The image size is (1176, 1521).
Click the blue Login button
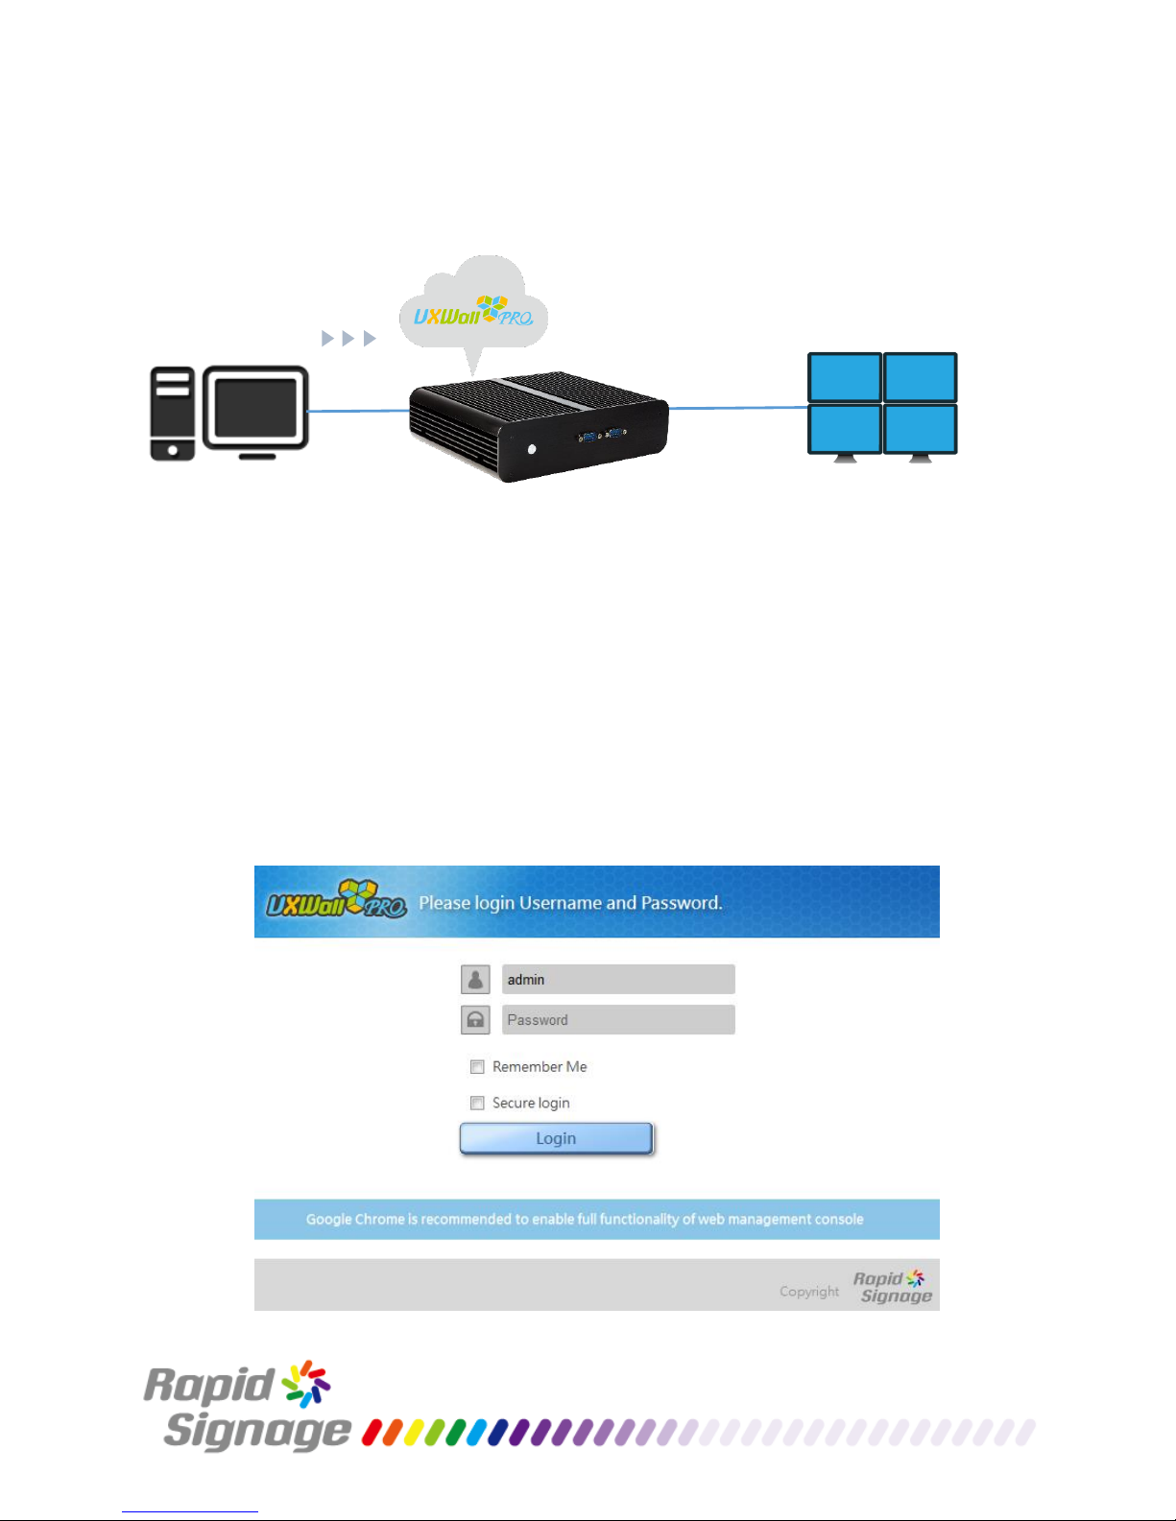tap(556, 1138)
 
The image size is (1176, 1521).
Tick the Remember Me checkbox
tap(477, 1067)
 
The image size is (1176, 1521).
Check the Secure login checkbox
tap(477, 1104)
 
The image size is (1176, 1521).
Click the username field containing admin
tap(618, 979)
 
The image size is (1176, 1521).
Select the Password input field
tap(618, 1020)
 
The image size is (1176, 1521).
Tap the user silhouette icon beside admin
tap(475, 979)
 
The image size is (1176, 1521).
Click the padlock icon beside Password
tap(475, 1020)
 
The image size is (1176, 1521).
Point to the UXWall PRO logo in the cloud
tap(473, 312)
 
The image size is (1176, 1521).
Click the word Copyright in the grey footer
tap(809, 1292)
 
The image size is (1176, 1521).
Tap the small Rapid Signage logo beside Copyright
tap(893, 1287)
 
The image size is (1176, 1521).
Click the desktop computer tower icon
tap(172, 413)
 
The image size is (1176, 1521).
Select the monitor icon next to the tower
tap(255, 412)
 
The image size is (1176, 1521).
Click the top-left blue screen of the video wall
tap(844, 377)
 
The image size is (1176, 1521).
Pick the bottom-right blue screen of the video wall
tap(920, 428)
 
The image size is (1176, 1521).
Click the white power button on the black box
tap(532, 449)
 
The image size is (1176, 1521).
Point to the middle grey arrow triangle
tap(348, 339)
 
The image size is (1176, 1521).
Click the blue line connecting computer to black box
tap(358, 411)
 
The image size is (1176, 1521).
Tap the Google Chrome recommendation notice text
tap(585, 1220)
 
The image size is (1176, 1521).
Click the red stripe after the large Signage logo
tap(372, 1433)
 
